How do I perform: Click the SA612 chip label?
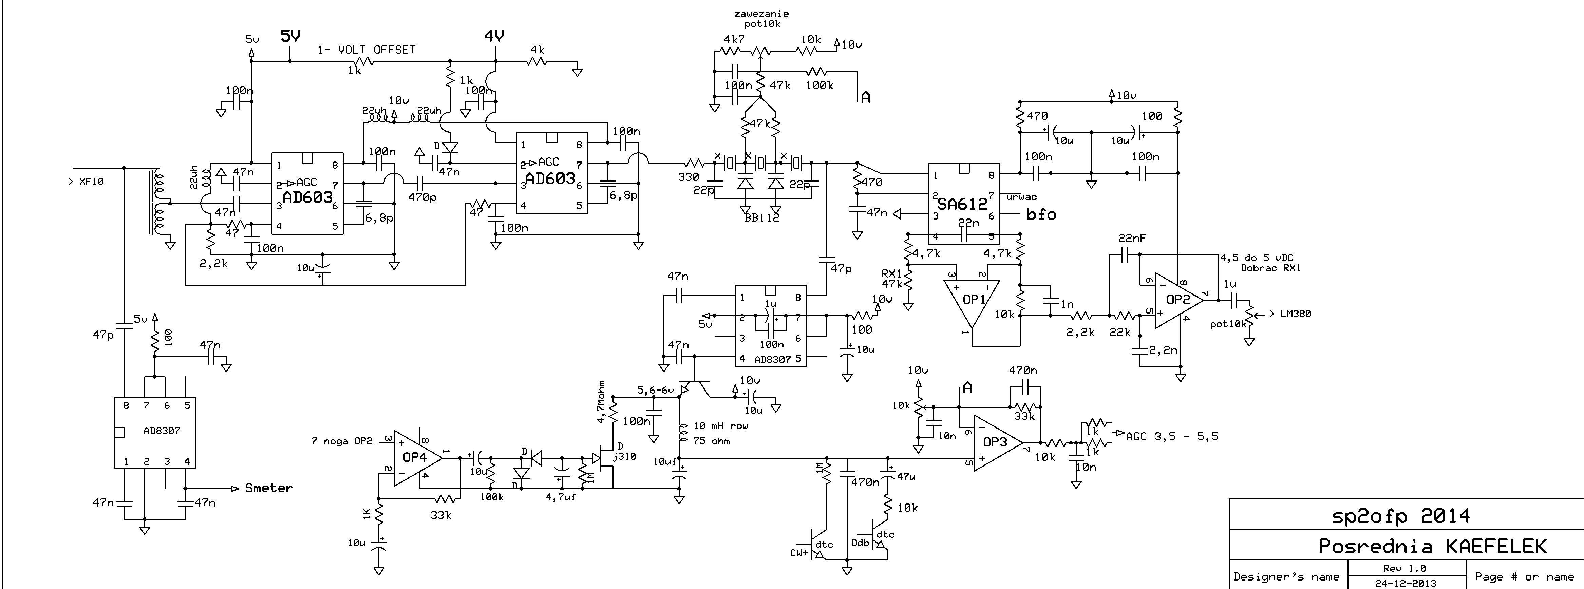pyautogui.click(x=962, y=204)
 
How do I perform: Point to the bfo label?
pyautogui.click(x=1041, y=214)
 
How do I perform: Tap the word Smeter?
pyautogui.click(x=269, y=488)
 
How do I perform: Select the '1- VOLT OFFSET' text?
pyautogui.click(x=366, y=50)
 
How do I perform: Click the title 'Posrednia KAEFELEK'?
pyautogui.click(x=1432, y=546)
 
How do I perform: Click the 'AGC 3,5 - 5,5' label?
pyautogui.click(x=1171, y=437)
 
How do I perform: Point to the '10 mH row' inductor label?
pyautogui.click(x=721, y=425)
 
